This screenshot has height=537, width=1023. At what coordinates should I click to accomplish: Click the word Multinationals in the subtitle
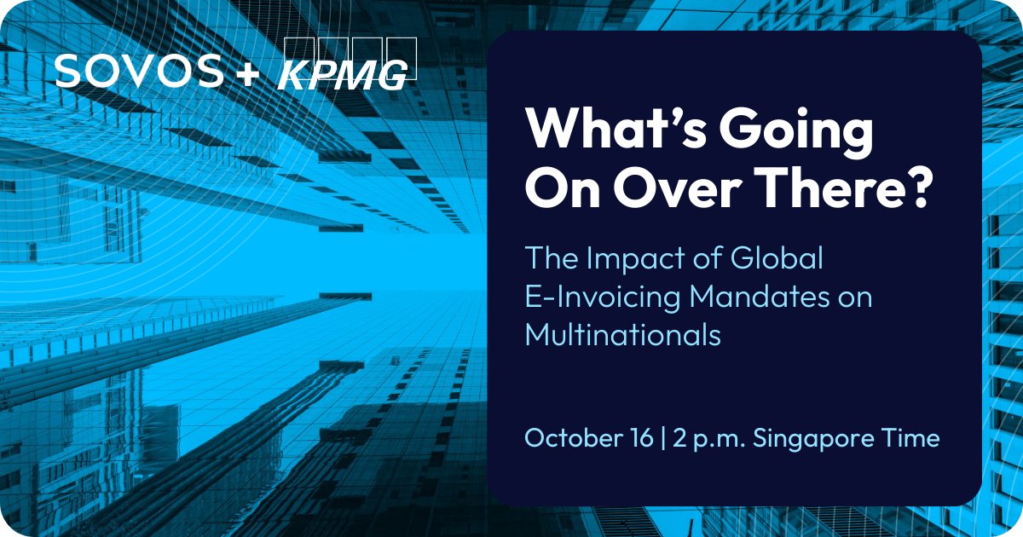coord(623,334)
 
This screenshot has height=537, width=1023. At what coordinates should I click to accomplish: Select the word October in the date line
coord(569,438)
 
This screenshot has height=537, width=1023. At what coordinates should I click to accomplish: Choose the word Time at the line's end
coord(913,438)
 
